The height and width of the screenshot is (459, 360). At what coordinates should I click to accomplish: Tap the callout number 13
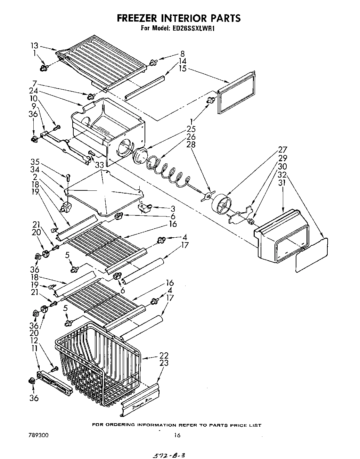[x=34, y=46]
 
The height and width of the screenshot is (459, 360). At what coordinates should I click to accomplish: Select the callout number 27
[x=282, y=150]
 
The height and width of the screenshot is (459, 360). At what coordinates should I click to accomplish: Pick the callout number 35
[x=34, y=162]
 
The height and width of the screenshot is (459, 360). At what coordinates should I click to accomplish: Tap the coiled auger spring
[x=167, y=170]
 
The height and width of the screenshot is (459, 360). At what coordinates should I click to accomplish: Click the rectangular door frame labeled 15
[x=236, y=92]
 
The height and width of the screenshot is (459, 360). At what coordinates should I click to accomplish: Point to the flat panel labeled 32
[x=311, y=255]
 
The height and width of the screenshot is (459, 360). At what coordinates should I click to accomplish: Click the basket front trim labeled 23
[x=140, y=400]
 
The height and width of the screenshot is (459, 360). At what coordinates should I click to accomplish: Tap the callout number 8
[x=182, y=54]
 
